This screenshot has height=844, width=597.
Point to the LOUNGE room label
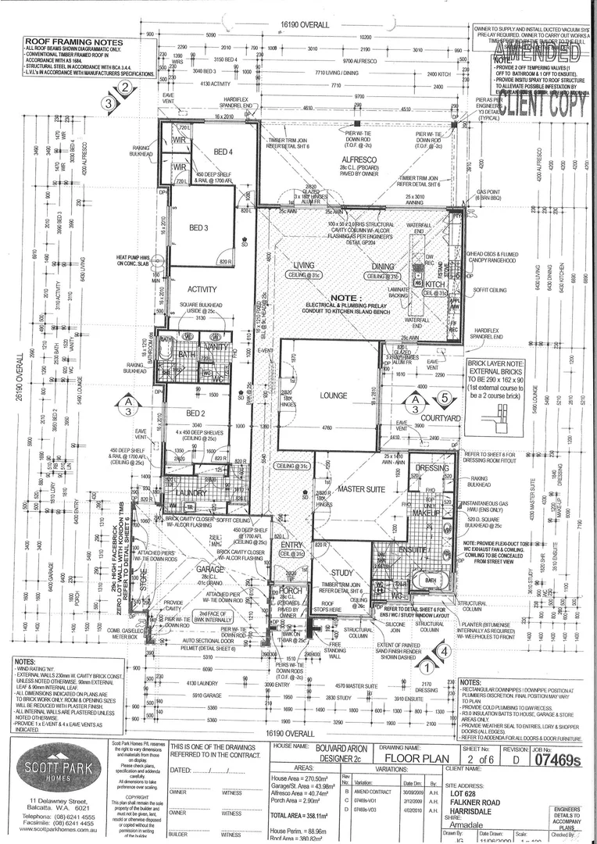coord(334,395)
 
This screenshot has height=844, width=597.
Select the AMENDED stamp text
coord(542,53)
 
